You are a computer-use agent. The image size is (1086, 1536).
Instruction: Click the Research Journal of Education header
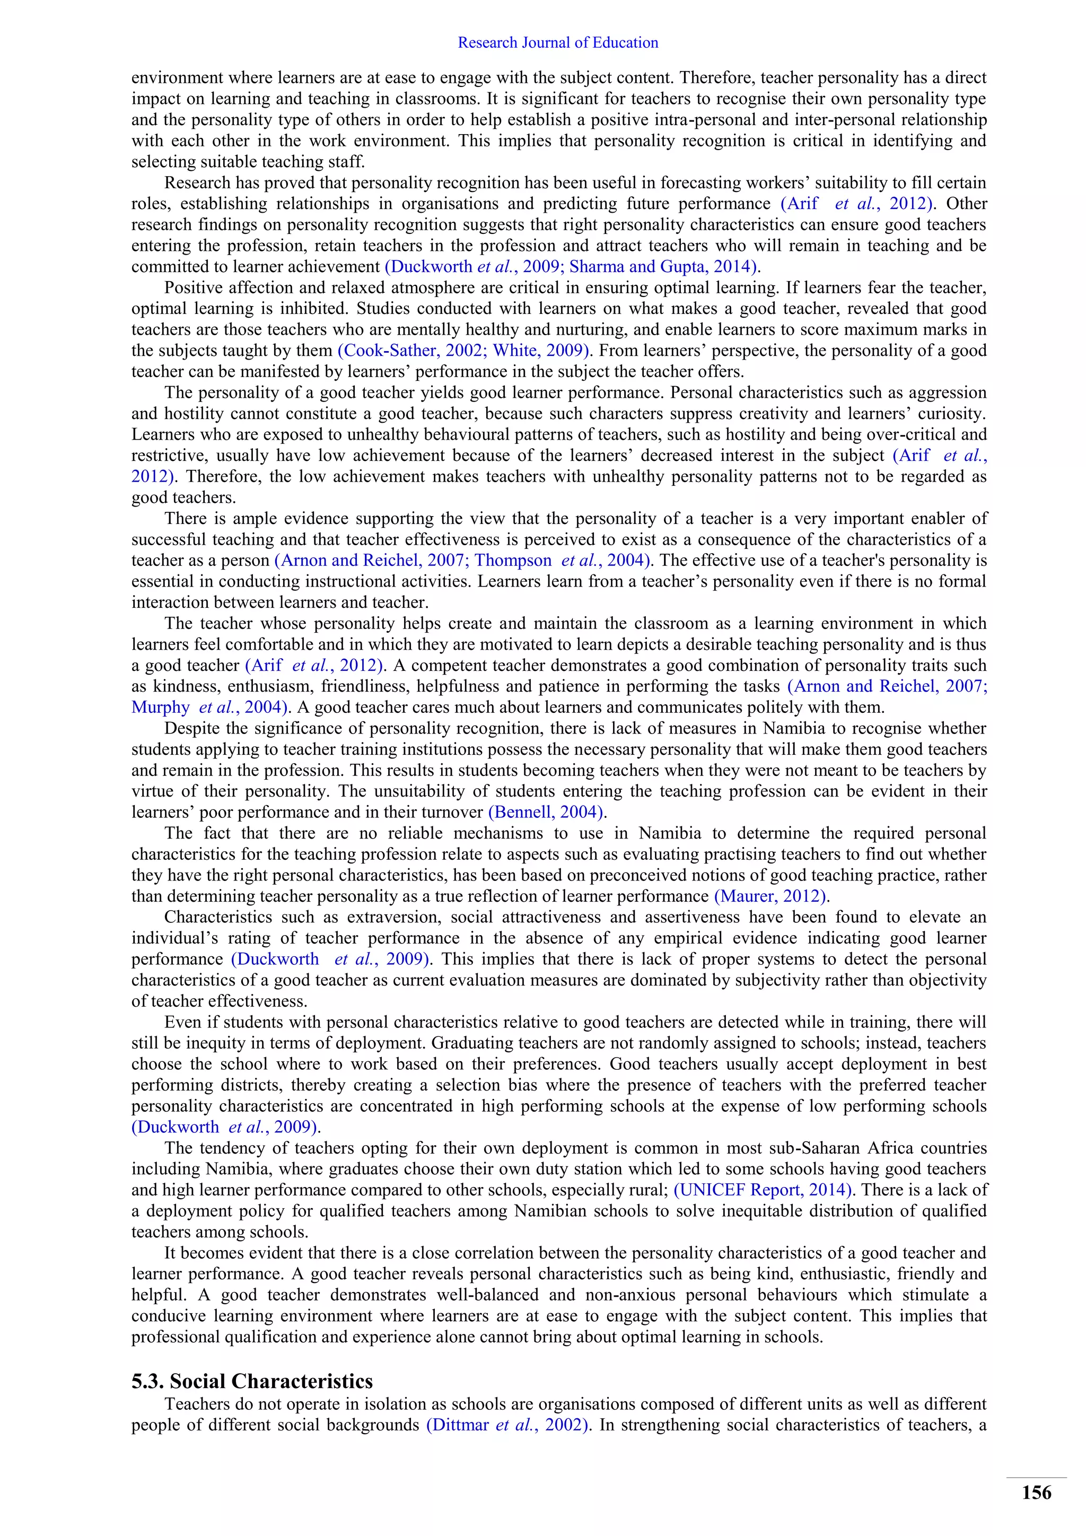pyautogui.click(x=558, y=43)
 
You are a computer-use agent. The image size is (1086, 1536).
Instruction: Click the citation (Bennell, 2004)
pyautogui.click(x=547, y=812)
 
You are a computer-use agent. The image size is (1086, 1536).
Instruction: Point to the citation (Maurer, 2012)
pyautogui.click(x=771, y=896)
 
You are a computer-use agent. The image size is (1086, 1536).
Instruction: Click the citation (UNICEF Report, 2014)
pyautogui.click(x=763, y=1190)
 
